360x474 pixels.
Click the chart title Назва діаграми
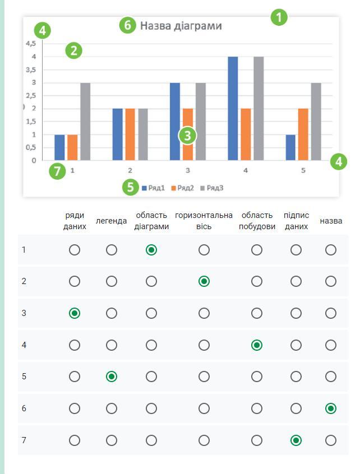click(x=181, y=26)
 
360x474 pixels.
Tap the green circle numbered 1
click(x=279, y=17)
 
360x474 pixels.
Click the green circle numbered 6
click(x=128, y=25)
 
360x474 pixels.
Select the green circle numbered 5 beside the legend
click(x=131, y=187)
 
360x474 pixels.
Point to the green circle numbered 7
click(x=57, y=170)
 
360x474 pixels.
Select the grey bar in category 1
click(x=85, y=121)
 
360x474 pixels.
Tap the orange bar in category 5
click(x=303, y=134)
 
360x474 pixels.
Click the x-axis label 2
click(x=130, y=170)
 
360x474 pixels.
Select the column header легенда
click(x=111, y=221)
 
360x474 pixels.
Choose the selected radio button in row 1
click(x=151, y=250)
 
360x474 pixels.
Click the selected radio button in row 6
click(x=331, y=408)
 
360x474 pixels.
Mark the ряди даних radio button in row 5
click(x=75, y=377)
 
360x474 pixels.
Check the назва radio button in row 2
click(x=331, y=281)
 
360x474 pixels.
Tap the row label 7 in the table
click(x=24, y=440)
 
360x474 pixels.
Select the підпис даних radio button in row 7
click(x=296, y=440)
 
